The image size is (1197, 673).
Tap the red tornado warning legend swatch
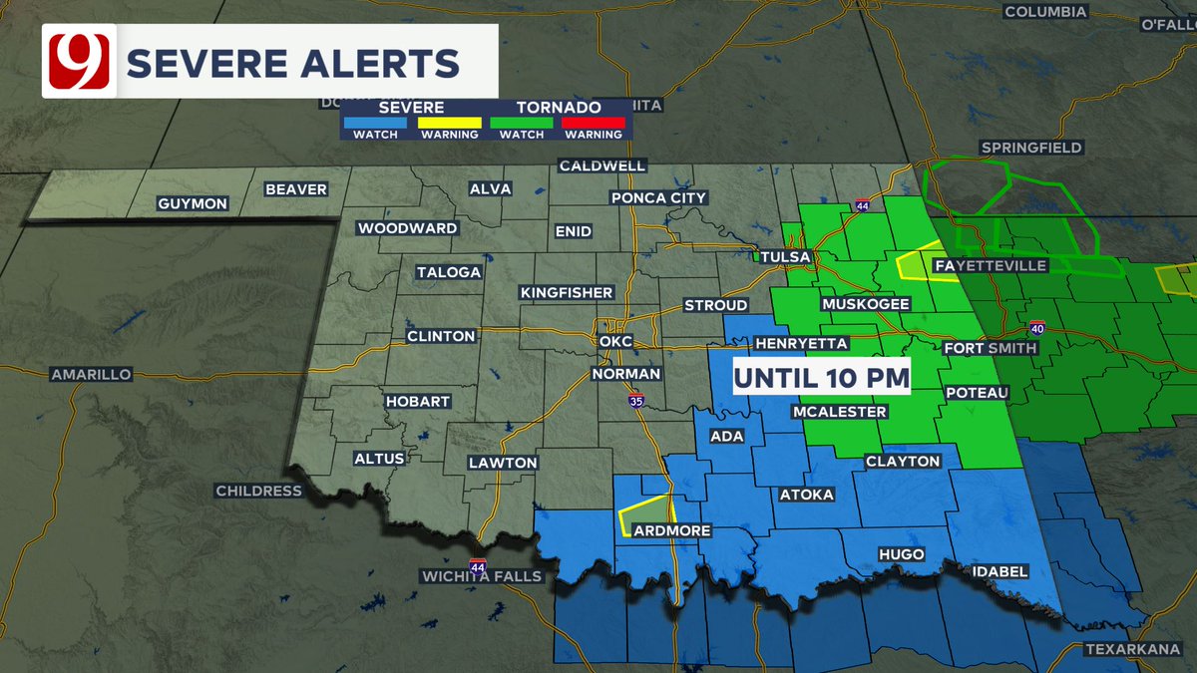(x=593, y=123)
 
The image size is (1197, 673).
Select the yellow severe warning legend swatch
(x=449, y=123)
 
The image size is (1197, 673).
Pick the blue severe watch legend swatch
(x=375, y=123)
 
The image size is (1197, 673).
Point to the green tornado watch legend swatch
(x=521, y=123)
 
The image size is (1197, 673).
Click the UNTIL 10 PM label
(x=822, y=378)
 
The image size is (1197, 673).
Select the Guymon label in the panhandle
(x=193, y=203)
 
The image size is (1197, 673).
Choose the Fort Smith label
(x=991, y=348)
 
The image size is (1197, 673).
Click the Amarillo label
(x=91, y=374)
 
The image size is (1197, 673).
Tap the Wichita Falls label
(x=481, y=576)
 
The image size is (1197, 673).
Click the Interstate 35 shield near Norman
(x=636, y=400)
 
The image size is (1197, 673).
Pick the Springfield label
(x=1031, y=148)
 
